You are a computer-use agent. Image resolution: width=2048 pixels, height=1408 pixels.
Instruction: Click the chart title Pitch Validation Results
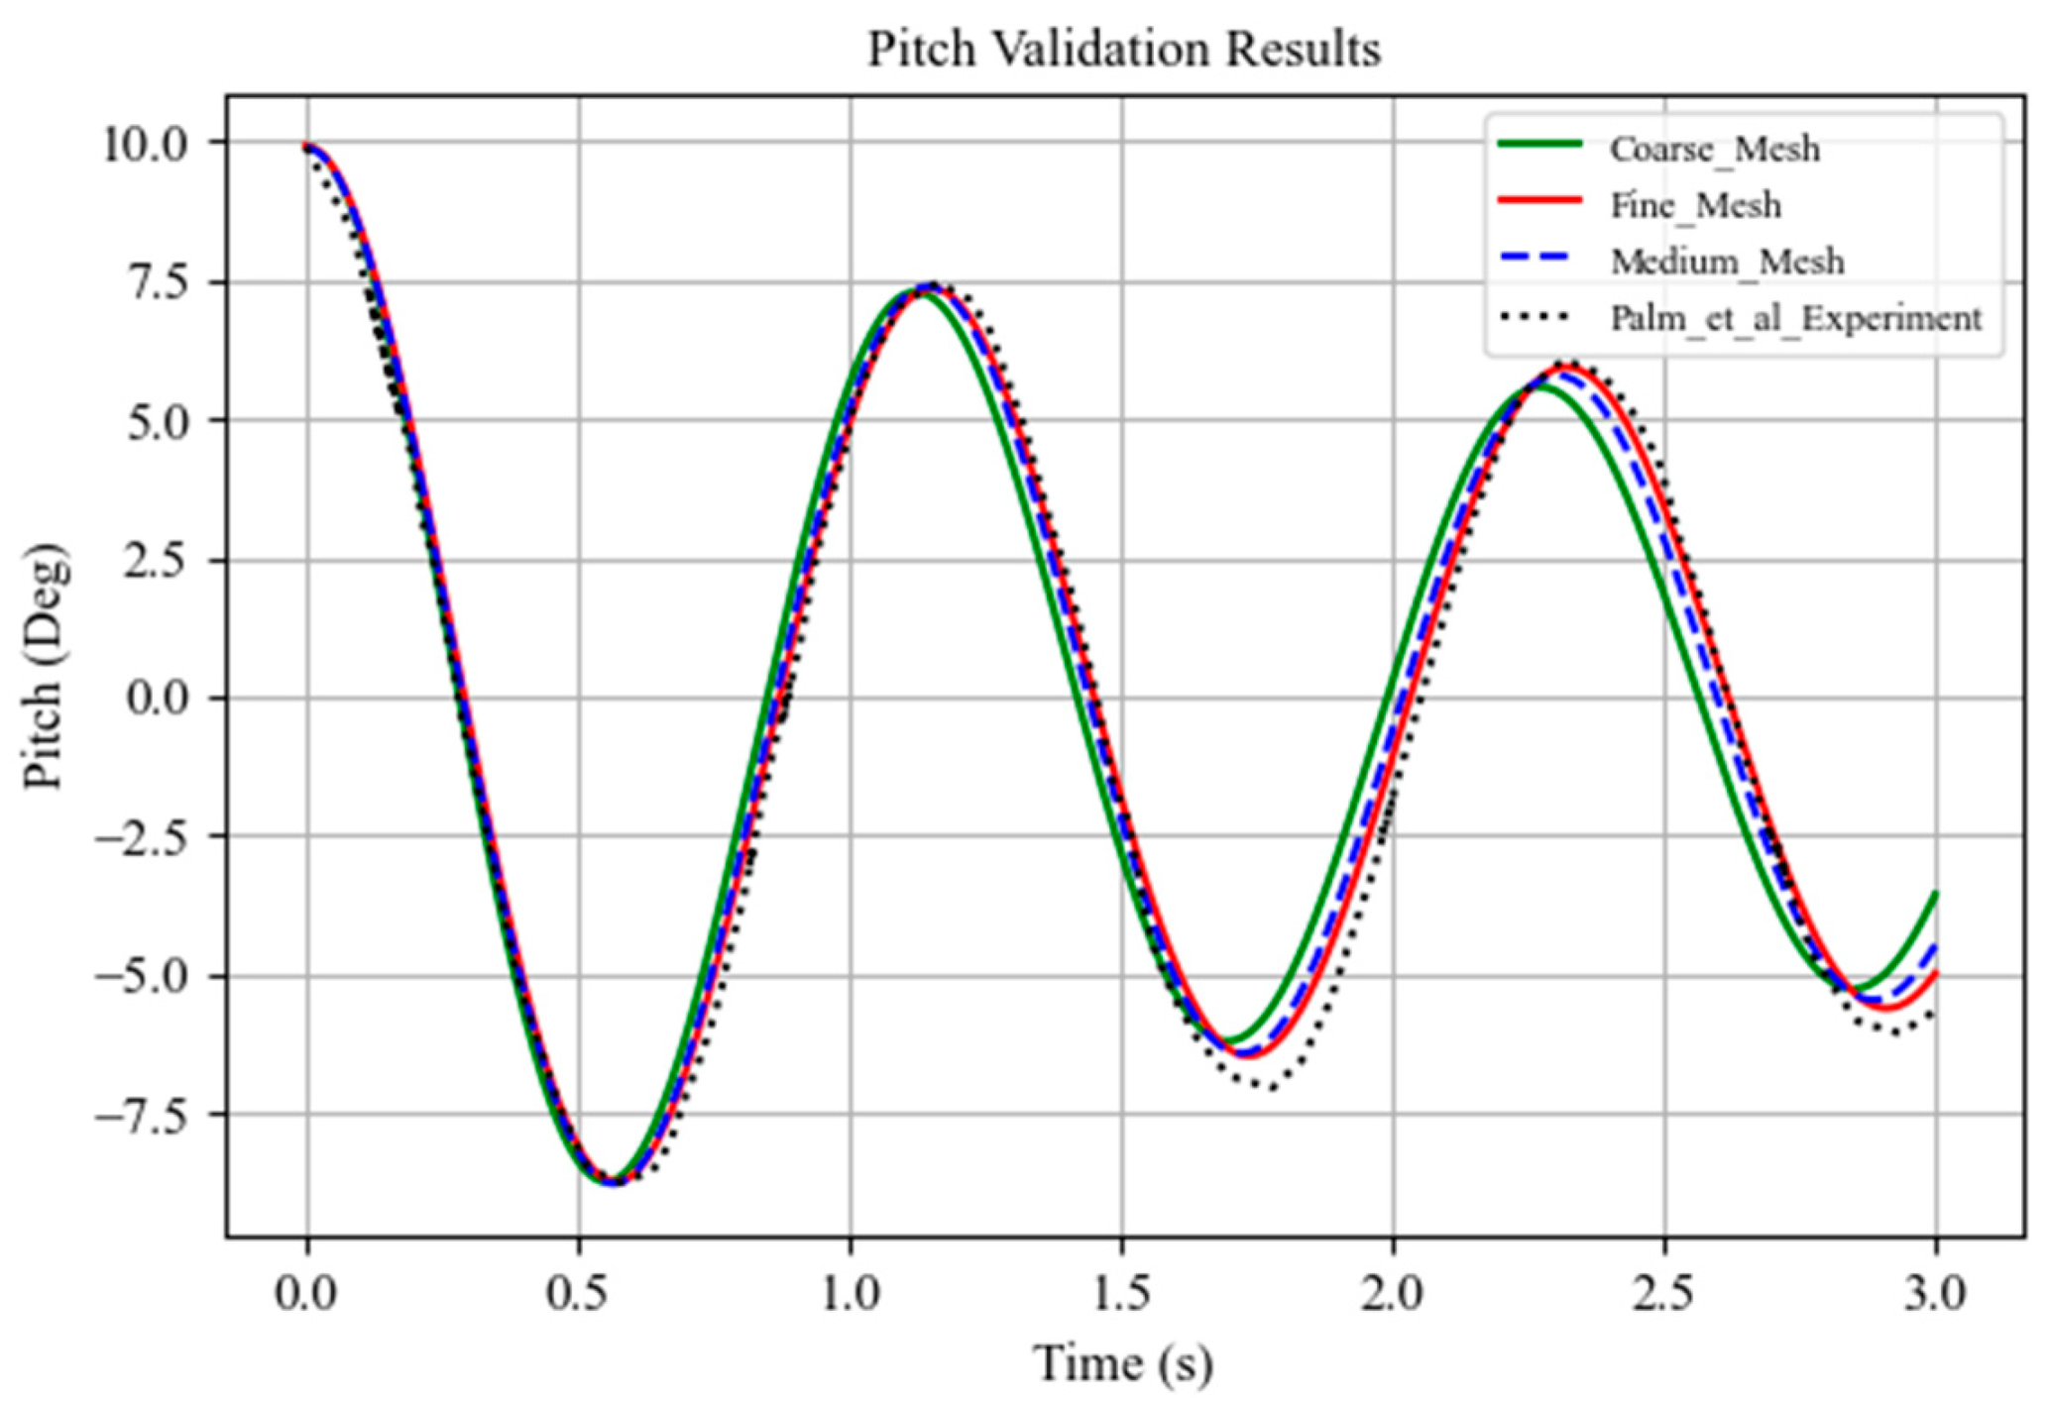pos(1124,50)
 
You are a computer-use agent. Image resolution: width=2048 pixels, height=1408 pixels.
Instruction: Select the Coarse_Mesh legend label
pos(1715,149)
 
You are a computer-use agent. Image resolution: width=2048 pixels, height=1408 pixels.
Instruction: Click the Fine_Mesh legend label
pos(1695,205)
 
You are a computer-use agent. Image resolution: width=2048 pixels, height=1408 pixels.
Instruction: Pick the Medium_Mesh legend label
pos(1727,262)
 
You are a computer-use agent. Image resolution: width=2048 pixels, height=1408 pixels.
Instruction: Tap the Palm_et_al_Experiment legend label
pos(1795,318)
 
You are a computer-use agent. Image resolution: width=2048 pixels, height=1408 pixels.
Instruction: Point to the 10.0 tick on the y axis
pos(145,145)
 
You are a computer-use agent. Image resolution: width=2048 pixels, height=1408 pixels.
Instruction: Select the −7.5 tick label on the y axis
pos(141,1117)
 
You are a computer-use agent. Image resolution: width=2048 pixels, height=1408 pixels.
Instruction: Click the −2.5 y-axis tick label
pos(141,838)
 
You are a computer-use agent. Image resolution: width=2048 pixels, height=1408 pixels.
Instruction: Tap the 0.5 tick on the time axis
pos(579,1294)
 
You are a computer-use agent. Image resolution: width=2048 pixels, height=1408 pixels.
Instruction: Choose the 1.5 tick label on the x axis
pos(1122,1294)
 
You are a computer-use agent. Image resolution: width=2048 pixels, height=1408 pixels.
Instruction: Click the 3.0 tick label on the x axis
pos(1935,1294)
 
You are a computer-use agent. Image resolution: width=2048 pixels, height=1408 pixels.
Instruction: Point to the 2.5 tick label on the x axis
pos(1664,1294)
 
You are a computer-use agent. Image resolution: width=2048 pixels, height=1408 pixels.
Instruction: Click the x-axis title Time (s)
pos(1124,1363)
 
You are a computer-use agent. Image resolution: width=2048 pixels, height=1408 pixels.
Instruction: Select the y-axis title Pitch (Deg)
pos(44,666)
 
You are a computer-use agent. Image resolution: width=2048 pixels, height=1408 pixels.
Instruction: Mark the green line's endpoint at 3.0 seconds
pos(1936,894)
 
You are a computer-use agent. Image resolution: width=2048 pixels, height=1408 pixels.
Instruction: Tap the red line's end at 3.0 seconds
pos(1936,973)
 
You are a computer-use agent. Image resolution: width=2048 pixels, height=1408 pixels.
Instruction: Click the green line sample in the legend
pos(1539,145)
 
